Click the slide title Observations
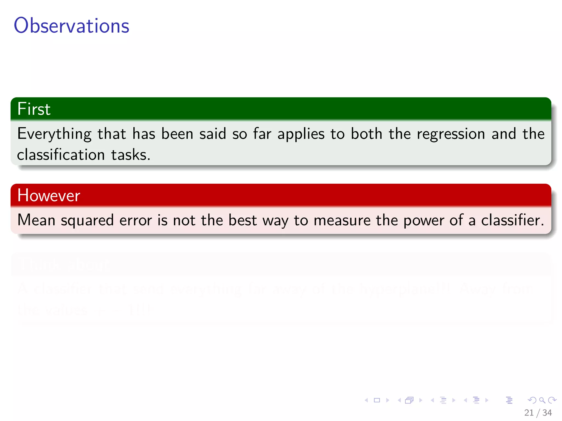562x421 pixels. tap(71, 25)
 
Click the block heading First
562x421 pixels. tap(34, 109)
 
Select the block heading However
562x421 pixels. tap(49, 195)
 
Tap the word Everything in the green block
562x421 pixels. tap(54, 134)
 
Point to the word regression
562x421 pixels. tap(451, 134)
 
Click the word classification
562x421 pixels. tap(61, 155)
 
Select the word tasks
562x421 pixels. tap(131, 155)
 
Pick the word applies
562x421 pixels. tap(301, 134)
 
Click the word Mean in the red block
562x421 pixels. tap(36, 220)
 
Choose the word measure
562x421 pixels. tap(342, 220)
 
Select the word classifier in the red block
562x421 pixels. tap(512, 220)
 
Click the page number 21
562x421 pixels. tap(529, 413)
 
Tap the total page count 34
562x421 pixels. tap(547, 413)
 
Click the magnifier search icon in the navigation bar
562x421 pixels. tap(542, 400)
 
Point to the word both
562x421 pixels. tap(366, 134)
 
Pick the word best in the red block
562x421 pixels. tap(242, 220)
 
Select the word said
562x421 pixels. tap(212, 134)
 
